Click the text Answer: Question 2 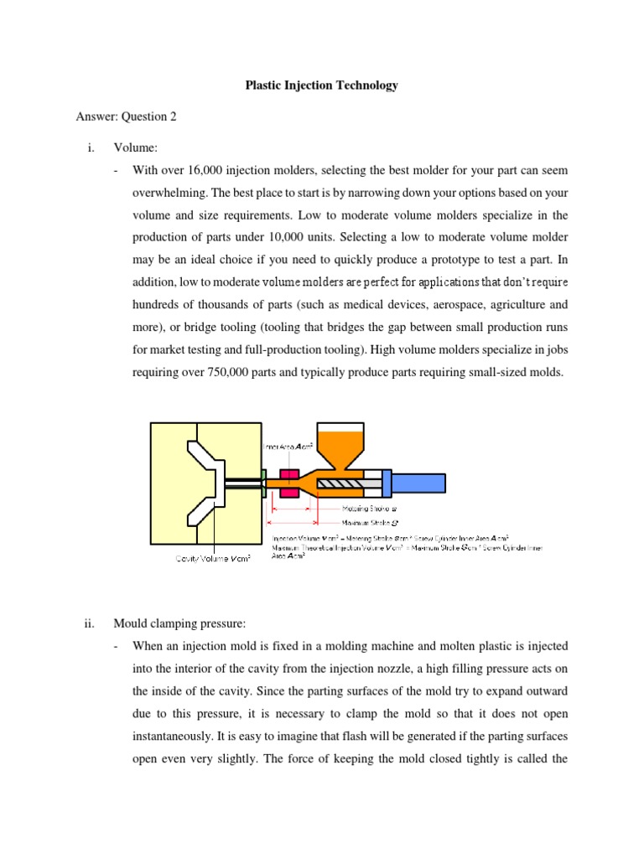[x=126, y=117]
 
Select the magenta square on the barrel [x=290, y=483]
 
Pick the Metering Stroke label [x=369, y=508]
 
